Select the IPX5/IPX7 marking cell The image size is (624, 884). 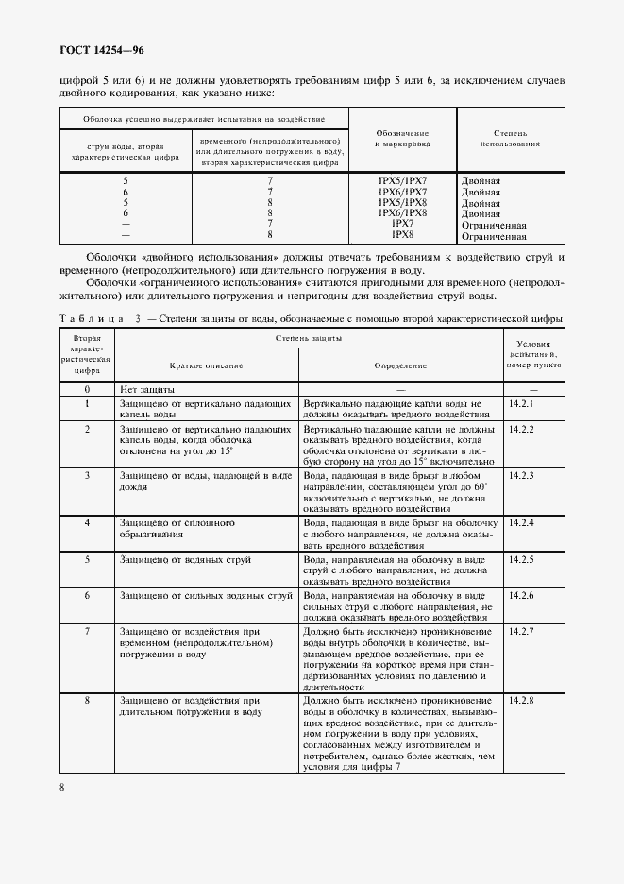click(402, 179)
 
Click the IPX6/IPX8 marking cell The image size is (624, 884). click(402, 213)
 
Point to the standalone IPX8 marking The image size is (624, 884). click(403, 235)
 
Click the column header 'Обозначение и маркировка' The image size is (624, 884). click(402, 140)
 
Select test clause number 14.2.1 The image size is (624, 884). click(521, 404)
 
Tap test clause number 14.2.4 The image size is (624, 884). click(521, 523)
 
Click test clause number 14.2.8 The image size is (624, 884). click(521, 702)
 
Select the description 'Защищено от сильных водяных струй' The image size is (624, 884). click(206, 596)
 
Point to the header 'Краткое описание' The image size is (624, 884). click(206, 365)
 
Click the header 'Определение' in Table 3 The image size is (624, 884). click(400, 365)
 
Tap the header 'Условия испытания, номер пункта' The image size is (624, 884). click(533, 354)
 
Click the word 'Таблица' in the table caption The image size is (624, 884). click(92, 318)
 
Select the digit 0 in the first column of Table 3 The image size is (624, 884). click(87, 389)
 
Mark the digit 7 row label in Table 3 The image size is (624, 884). click(87, 631)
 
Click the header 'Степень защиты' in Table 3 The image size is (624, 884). click(308, 337)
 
